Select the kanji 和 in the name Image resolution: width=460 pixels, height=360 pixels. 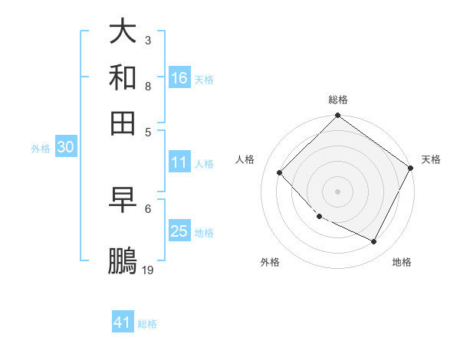[x=123, y=77]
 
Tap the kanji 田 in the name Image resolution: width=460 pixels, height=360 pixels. [x=123, y=122]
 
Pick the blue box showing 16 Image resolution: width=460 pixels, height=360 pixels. [x=179, y=77]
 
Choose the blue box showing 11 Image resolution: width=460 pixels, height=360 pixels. [x=179, y=162]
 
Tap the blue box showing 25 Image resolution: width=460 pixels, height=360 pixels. [x=179, y=231]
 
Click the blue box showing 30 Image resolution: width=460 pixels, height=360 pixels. [x=65, y=148]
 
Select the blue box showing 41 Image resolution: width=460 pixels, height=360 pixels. [x=123, y=322]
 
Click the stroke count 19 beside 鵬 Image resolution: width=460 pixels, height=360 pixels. [x=148, y=270]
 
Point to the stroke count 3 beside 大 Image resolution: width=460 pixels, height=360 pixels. [x=148, y=40]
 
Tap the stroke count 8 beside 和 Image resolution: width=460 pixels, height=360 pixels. [x=148, y=86]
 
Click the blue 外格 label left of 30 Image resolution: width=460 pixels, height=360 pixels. [x=40, y=149]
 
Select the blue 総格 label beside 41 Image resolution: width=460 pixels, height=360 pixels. [x=147, y=323]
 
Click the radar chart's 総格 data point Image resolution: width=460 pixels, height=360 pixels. [x=337, y=116]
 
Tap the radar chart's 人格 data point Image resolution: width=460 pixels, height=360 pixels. [x=279, y=173]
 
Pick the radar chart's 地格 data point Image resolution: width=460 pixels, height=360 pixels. [x=374, y=242]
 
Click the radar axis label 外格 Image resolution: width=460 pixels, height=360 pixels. [x=270, y=262]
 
